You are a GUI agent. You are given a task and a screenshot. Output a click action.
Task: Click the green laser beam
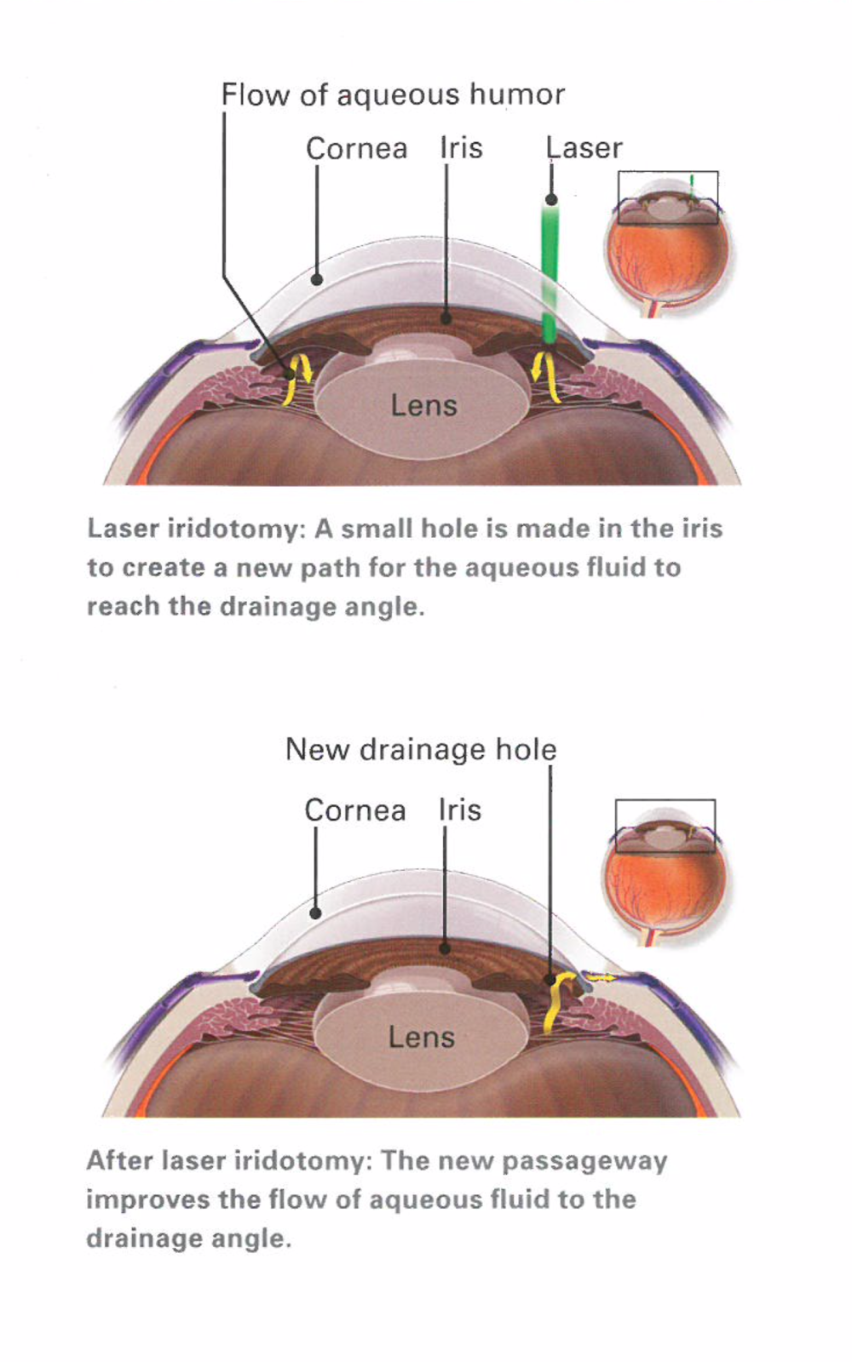[550, 272]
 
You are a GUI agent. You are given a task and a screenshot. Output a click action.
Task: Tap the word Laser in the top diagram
[584, 148]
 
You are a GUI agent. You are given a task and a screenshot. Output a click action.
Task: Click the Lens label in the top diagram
[423, 405]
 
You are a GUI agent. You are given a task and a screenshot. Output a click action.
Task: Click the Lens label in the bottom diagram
[421, 1037]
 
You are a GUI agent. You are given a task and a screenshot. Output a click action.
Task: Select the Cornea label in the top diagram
[356, 149]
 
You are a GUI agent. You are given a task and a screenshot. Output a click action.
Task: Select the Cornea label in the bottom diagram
[354, 810]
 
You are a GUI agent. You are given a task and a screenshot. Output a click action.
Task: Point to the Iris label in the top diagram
[461, 148]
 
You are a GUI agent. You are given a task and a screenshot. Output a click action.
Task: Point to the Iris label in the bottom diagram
[459, 810]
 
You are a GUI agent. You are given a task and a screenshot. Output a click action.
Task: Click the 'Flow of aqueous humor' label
[393, 94]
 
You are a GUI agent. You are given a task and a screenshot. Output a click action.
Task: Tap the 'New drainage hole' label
[421, 749]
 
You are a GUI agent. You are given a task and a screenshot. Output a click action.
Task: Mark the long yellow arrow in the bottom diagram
[556, 1004]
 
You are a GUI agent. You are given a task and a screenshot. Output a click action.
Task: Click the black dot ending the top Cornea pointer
[317, 279]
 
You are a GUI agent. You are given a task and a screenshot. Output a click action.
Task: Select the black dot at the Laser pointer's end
[551, 200]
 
